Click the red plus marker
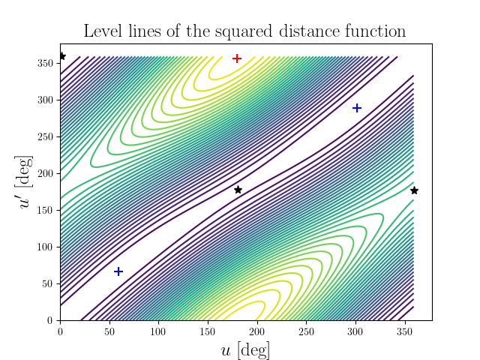click(x=237, y=58)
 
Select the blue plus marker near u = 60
click(x=118, y=271)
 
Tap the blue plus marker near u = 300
click(x=357, y=108)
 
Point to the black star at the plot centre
click(x=238, y=190)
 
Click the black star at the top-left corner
click(x=61, y=56)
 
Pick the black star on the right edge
click(x=414, y=190)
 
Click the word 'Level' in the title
click(x=102, y=31)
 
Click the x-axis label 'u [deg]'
click(x=245, y=349)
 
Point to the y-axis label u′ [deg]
click(x=25, y=181)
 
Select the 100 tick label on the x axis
click(x=158, y=331)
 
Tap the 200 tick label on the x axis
click(x=257, y=331)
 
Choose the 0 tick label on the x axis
click(x=60, y=331)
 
